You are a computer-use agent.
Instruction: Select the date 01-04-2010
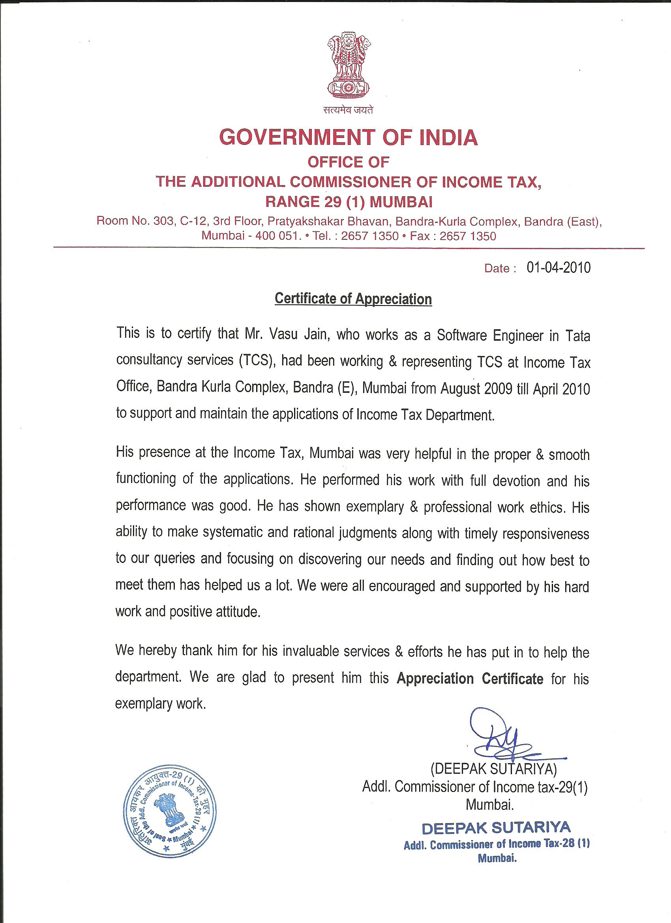coord(558,267)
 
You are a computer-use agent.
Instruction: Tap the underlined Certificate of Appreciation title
coord(353,299)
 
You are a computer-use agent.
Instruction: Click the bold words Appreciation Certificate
coord(470,679)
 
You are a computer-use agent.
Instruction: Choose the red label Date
coord(497,268)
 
